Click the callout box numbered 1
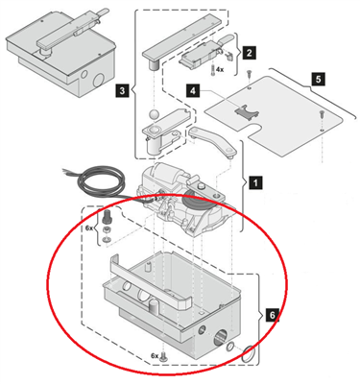coord(255,183)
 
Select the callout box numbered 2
coord(249,53)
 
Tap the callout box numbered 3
coord(122,91)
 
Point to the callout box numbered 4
coord(192,91)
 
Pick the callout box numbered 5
coord(318,79)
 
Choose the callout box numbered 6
coord(272,315)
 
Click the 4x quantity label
coord(220,69)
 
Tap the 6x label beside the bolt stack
coord(89,228)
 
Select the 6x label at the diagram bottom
coord(155,355)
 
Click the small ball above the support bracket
coord(155,115)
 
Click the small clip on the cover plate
coord(247,111)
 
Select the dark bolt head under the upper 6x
coord(107,218)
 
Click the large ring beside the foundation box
coord(250,354)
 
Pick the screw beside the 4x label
coord(213,69)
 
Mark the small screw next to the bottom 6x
coord(164,355)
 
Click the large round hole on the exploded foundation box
coord(221,340)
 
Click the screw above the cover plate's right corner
coord(322,113)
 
